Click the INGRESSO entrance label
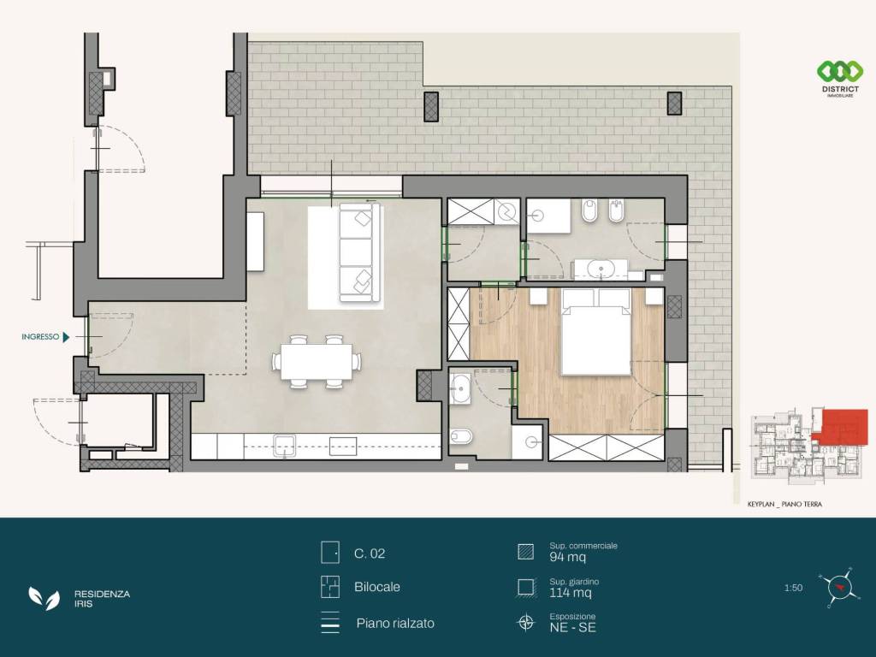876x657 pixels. point(40,337)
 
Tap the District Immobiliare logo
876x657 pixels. point(840,78)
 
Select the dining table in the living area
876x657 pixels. point(317,362)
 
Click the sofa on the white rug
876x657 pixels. point(360,252)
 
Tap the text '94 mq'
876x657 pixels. point(567,557)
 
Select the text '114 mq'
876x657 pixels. point(570,593)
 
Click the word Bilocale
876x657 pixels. point(377,587)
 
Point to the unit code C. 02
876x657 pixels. point(370,553)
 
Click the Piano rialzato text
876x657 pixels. point(395,624)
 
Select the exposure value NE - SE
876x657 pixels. point(572,627)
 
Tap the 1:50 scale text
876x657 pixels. point(793,588)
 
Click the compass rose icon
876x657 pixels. point(838,587)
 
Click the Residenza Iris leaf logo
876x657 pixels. point(44,598)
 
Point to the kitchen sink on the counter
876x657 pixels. point(284,446)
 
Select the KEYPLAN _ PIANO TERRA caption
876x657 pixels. point(784,505)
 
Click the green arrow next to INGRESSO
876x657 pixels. point(67,337)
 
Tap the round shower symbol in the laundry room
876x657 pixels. point(509,212)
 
